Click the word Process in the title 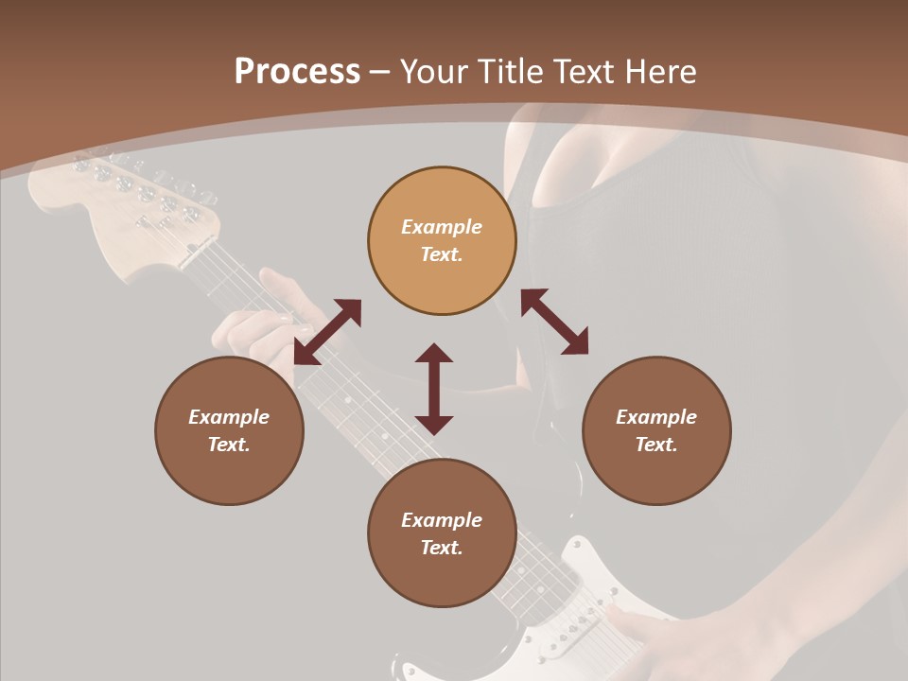point(297,72)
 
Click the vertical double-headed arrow point(434,389)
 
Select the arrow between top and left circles point(327,332)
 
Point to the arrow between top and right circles point(554,322)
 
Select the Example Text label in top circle point(442,240)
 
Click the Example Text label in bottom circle point(442,533)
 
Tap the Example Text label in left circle point(229,430)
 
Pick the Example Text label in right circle point(656,430)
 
